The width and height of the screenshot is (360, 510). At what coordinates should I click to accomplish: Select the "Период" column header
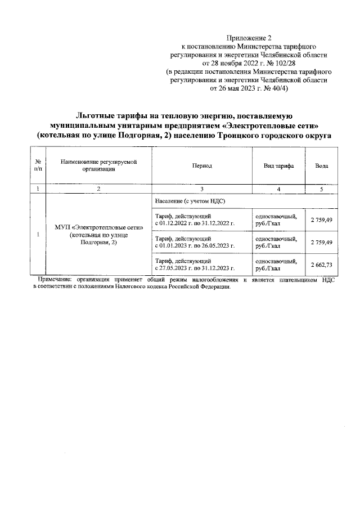click(x=201, y=167)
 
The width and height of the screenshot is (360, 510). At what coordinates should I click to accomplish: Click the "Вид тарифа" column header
click(x=278, y=167)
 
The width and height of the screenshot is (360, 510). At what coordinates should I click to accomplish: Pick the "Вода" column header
click(x=321, y=167)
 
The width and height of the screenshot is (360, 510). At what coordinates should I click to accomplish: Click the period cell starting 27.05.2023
click(x=201, y=265)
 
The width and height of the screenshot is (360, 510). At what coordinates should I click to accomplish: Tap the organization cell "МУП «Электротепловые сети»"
click(x=98, y=227)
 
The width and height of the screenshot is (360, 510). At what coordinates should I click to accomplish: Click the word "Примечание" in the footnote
click(x=55, y=279)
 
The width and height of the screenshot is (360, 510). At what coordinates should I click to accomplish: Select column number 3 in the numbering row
click(x=201, y=189)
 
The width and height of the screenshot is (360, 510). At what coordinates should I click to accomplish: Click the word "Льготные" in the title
click(x=97, y=115)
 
